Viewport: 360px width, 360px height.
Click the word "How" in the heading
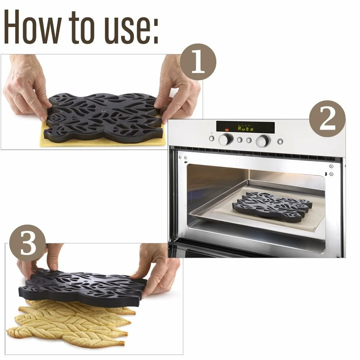(x=33, y=27)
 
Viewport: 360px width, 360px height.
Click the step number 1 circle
(x=198, y=62)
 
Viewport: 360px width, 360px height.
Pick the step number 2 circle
(x=327, y=119)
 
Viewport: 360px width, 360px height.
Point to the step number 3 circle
(x=28, y=243)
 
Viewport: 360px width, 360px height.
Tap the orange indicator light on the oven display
(x=227, y=130)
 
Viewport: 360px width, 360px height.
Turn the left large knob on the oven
(x=225, y=139)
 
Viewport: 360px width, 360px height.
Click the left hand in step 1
(x=26, y=87)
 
